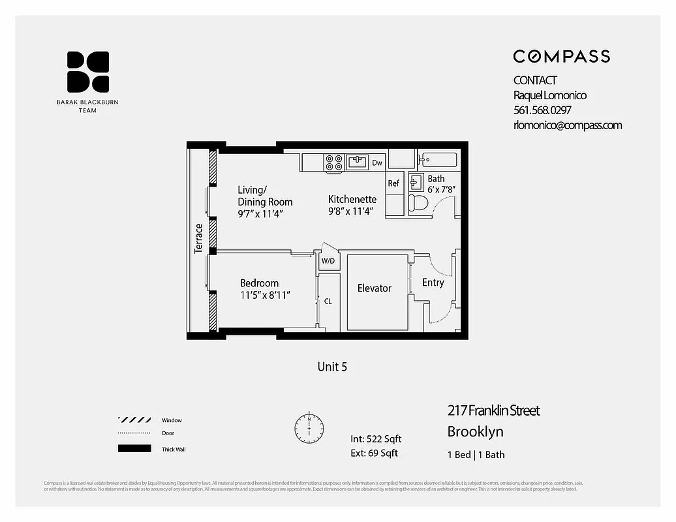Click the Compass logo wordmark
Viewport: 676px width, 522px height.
[561, 56]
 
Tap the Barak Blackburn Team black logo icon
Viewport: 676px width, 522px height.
[87, 72]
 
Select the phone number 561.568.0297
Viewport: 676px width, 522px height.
[542, 110]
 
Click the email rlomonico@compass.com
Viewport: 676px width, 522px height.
[567, 125]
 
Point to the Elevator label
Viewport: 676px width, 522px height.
[375, 288]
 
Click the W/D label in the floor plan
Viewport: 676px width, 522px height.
[328, 261]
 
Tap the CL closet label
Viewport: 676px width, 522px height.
[328, 301]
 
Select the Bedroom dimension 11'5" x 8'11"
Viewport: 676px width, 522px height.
[265, 295]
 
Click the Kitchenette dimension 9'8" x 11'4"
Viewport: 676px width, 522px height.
[352, 211]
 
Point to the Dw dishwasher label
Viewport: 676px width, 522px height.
[377, 162]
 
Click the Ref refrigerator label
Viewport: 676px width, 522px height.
[393, 183]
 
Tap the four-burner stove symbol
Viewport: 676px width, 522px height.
[334, 163]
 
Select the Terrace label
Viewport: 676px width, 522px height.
[199, 238]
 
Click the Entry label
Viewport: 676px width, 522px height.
[433, 283]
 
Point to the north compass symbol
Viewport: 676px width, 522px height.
[309, 427]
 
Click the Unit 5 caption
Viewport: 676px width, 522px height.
[332, 367]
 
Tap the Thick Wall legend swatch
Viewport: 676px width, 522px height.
[134, 449]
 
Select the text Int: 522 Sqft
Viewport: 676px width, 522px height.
[376, 439]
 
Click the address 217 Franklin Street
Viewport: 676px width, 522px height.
[493, 410]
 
